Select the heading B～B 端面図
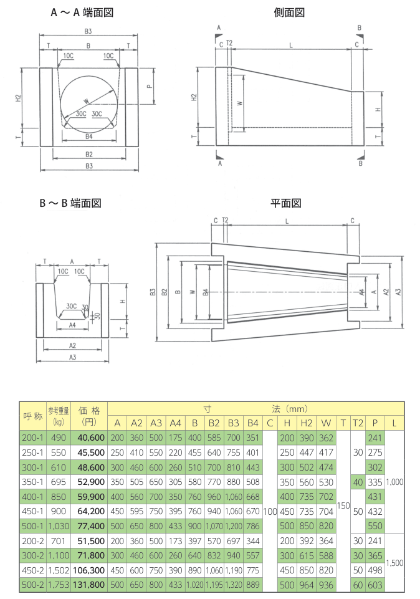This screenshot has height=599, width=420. [70, 203]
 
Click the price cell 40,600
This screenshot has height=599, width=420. [92, 438]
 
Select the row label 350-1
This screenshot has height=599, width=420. [32, 482]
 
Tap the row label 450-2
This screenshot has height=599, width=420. [32, 570]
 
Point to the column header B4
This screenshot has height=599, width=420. [252, 424]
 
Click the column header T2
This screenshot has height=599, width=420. [357, 424]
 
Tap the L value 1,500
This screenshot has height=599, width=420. [394, 563]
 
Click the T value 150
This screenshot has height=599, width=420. [343, 504]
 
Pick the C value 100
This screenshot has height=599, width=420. [269, 512]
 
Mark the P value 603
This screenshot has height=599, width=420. [375, 585]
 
